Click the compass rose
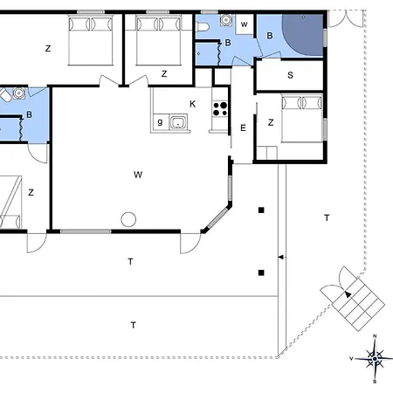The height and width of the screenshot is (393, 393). point(374,357)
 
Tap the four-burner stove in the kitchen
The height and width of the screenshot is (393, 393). point(218,110)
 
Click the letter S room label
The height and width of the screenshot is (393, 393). point(289,75)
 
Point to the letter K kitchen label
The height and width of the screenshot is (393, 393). point(192,104)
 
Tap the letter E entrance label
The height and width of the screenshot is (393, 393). point(244,128)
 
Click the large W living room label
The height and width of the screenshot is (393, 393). point(137,175)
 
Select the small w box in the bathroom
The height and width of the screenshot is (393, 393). point(244,24)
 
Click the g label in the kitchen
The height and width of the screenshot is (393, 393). point(160,121)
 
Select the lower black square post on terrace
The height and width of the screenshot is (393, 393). point(261,272)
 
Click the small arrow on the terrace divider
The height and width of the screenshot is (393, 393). point(279,257)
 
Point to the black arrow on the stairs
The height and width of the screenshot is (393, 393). point(348,294)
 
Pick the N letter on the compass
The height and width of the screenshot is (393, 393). point(374,337)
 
